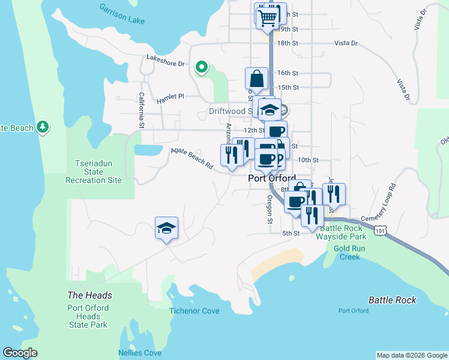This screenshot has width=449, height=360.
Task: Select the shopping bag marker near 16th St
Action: (256, 79)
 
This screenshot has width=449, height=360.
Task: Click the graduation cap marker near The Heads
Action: (166, 228)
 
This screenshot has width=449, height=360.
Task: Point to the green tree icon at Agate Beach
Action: (42, 127)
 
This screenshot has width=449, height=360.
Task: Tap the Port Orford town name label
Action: (272, 179)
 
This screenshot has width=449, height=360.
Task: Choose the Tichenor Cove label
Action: (194, 311)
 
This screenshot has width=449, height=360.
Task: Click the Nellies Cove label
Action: (140, 353)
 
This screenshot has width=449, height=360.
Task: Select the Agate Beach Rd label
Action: (192, 158)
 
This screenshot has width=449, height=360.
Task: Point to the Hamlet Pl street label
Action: (170, 100)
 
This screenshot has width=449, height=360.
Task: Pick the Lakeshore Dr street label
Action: (164, 59)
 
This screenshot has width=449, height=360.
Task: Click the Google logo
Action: (20, 353)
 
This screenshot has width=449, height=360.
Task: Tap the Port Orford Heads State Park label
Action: (88, 316)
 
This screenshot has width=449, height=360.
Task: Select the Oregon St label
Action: (270, 208)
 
